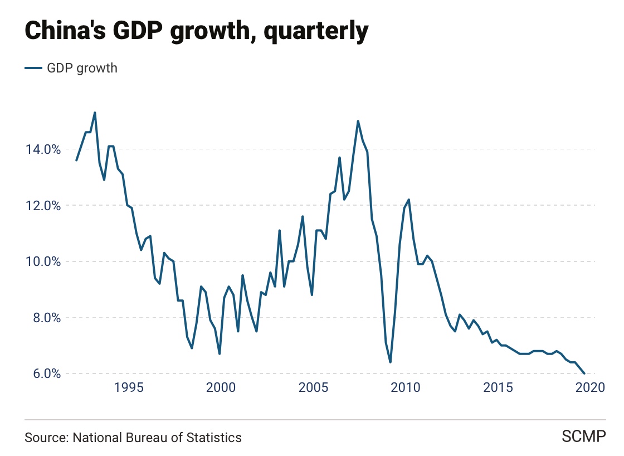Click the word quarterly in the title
point(316,32)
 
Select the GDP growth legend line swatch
point(33,68)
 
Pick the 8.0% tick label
point(41,318)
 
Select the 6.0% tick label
point(41,373)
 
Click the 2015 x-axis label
point(498,388)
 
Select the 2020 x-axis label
point(589,388)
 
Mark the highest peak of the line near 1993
point(95,113)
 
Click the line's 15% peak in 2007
point(358,121)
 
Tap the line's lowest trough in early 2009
point(390,362)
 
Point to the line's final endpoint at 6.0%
point(584,373)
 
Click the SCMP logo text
point(583,437)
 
